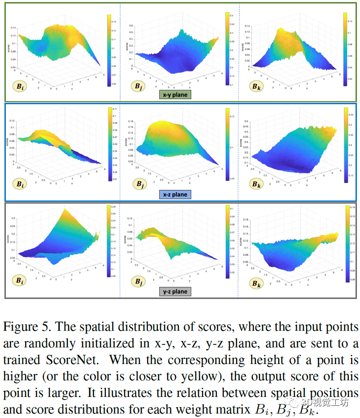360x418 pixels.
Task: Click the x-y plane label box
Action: [x=175, y=95]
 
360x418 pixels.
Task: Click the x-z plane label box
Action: [x=175, y=195]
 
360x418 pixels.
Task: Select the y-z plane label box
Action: [x=175, y=291]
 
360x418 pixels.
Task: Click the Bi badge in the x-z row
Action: [x=19, y=184]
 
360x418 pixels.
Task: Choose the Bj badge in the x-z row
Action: [x=138, y=184]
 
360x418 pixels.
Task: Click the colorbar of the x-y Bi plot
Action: [x=109, y=50]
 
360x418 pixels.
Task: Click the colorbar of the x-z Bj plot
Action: [x=227, y=146]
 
